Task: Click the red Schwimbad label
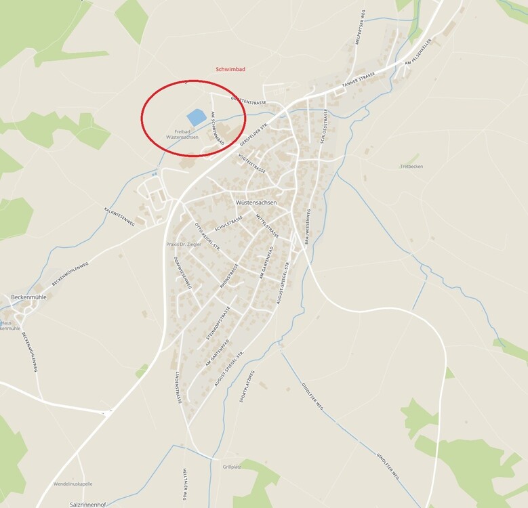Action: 230,69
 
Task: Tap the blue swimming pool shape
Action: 196,117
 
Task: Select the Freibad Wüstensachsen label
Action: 182,134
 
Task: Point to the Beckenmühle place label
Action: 28,297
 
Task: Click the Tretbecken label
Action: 411,166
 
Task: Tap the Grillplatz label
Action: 232,467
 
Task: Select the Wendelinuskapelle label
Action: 73,484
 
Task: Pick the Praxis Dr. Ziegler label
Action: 185,244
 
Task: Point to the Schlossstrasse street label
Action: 325,126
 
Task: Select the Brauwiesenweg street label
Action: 307,226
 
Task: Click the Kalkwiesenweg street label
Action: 119,215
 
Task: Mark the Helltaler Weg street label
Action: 184,484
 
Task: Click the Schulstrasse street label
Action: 228,224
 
